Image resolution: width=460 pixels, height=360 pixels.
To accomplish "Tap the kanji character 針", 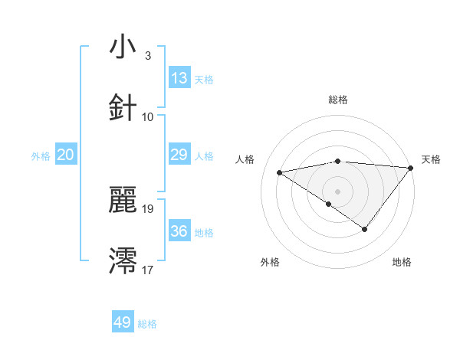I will tap(123, 108).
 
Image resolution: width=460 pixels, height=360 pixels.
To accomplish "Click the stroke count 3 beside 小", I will tap(147, 56).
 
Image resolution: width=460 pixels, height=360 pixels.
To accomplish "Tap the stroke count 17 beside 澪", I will tap(149, 270).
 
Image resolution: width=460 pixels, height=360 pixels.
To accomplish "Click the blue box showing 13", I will tap(179, 78).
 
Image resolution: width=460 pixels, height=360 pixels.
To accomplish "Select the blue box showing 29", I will tap(179, 155).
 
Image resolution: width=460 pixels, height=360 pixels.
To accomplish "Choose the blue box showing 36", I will tap(179, 231).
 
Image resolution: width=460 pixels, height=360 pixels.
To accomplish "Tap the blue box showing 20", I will tap(66, 155).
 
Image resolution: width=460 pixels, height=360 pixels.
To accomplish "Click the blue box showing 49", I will tap(123, 322).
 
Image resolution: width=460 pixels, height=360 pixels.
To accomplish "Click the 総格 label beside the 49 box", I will tap(147, 324).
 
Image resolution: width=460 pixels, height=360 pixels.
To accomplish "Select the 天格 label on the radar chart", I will tap(431, 159).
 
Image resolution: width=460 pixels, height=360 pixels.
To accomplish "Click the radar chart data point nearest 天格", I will tap(411, 168).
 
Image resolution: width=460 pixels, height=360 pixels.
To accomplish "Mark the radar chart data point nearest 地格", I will tap(365, 229).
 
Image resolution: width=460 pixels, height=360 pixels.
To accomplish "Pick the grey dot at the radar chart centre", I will tap(337, 191).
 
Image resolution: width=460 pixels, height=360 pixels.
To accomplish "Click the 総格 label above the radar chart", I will tap(338, 100).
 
